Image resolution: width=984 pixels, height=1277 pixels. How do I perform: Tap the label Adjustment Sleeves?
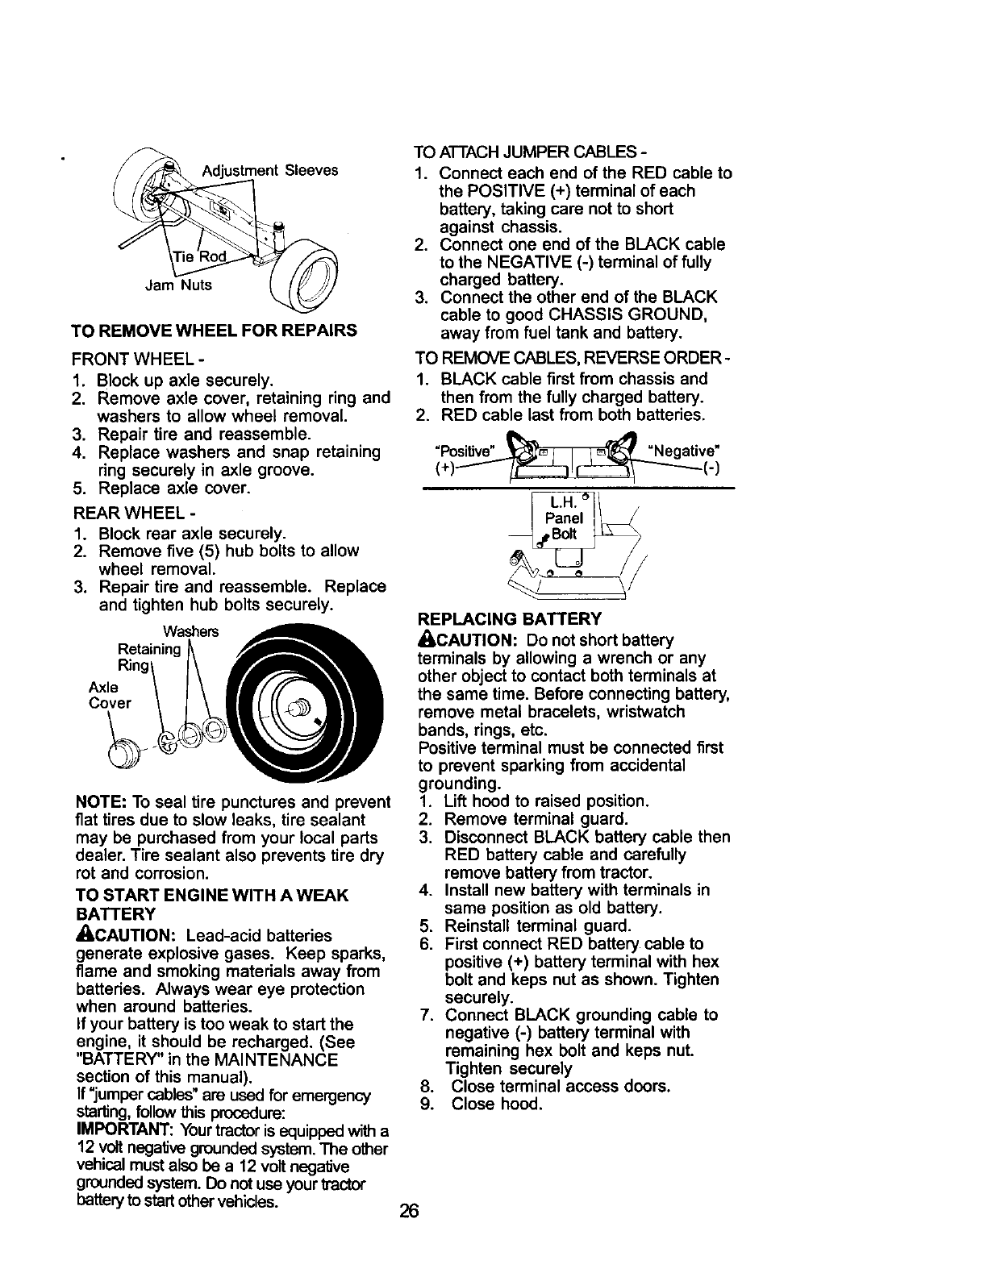[269, 171]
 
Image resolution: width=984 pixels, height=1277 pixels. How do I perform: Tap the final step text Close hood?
[497, 1104]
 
